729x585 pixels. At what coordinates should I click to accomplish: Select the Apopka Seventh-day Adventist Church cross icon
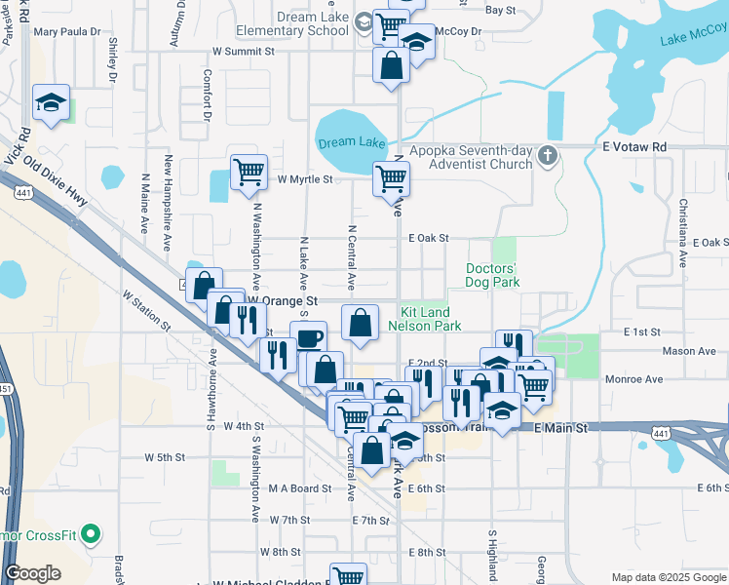548,155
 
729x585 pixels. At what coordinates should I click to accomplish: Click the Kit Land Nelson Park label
425,319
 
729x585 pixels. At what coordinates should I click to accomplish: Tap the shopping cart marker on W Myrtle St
249,172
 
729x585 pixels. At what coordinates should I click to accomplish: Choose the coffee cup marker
309,338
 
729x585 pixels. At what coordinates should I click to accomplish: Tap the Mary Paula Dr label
67,31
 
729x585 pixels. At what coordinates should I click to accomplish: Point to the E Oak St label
429,237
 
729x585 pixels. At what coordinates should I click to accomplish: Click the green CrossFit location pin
91,533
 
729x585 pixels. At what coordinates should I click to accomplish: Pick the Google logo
32,573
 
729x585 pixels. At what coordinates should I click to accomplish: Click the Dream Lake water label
352,142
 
